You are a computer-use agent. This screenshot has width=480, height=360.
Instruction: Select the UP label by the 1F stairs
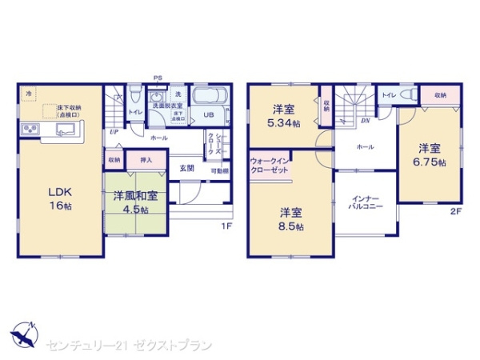(114, 132)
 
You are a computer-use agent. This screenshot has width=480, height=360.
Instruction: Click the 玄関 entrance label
(186, 168)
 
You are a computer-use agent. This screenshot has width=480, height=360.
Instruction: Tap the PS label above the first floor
(158, 78)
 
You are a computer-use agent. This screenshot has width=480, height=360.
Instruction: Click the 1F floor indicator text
(226, 226)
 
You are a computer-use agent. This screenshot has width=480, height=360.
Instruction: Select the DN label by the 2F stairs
(364, 121)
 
